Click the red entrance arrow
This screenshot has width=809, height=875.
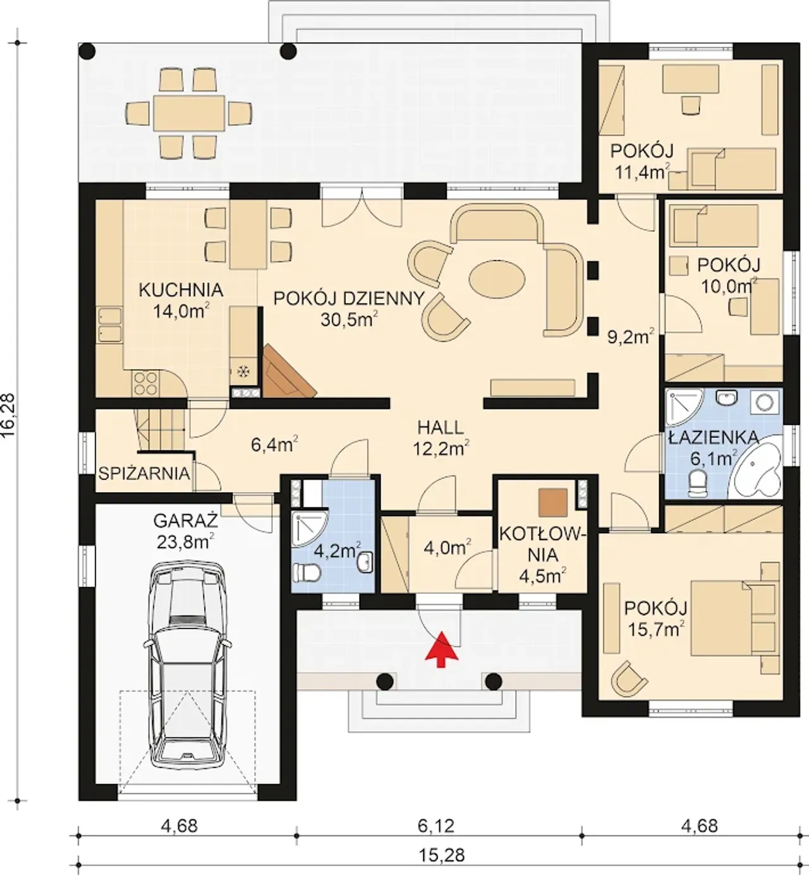[x=441, y=649]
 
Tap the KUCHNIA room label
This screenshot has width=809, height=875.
[x=181, y=291]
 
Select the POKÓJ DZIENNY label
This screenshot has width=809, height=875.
[x=349, y=298]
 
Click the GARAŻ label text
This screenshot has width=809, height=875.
[x=186, y=521]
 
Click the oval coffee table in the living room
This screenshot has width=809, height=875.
[x=497, y=279]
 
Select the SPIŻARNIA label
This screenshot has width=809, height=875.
[x=144, y=474]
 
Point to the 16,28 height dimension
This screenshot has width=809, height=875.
[x=9, y=416]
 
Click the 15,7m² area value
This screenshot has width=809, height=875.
[x=655, y=630]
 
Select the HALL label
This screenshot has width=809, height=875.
[x=441, y=427]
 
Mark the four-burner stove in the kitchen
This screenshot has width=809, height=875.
[x=145, y=383]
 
